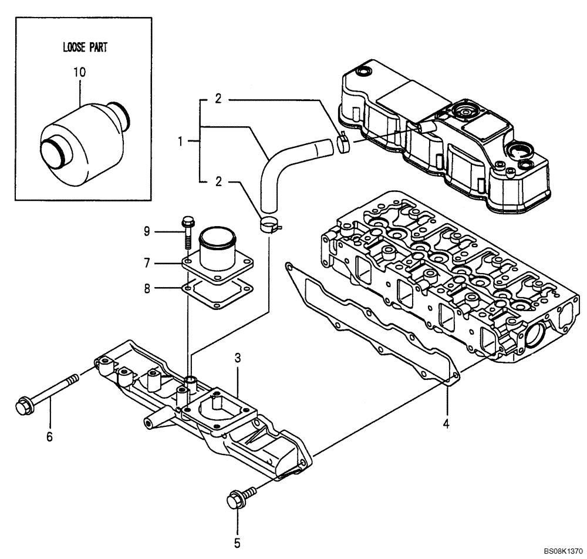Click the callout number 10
79,72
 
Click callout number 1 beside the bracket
181,142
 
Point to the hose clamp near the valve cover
345,143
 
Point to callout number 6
49,436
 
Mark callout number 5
238,543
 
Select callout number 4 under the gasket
446,423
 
